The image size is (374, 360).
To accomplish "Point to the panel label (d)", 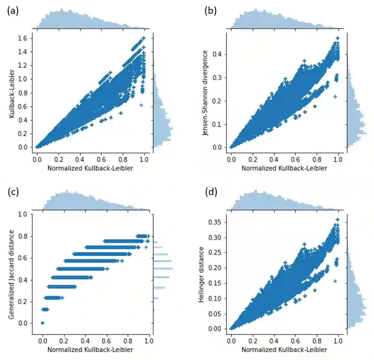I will point(211,192).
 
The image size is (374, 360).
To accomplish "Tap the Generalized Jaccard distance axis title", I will point(11,274).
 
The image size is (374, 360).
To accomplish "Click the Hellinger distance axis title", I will point(202,275).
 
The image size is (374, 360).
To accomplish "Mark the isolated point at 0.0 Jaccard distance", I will point(42,323).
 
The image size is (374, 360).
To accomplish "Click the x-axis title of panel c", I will point(90,350).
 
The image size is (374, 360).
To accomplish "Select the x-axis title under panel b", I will point(284,168).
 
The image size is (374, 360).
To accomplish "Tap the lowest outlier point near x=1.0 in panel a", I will point(141,105).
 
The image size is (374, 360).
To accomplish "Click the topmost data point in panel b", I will point(337,38).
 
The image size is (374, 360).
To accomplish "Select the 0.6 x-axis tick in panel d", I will point(295,341).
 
